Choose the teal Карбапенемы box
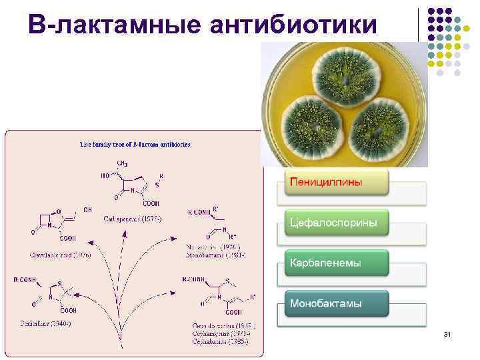(x=337, y=263)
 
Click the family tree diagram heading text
(x=135, y=143)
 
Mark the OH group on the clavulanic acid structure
(x=87, y=209)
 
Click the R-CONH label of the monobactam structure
(x=199, y=212)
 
